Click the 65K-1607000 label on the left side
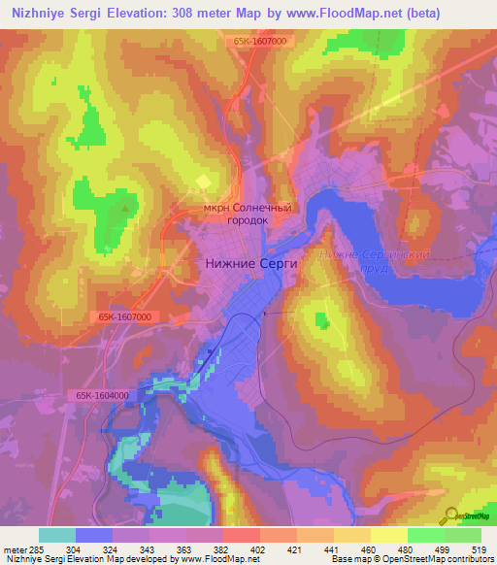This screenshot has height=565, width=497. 124,317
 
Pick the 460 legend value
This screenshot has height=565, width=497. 369,548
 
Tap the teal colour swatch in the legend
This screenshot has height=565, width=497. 57,535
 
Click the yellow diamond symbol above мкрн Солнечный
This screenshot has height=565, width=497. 204,181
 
